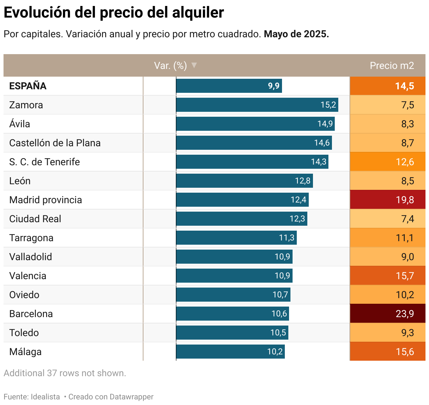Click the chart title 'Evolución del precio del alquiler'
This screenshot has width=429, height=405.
(x=114, y=13)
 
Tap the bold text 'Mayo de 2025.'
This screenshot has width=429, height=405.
(x=296, y=34)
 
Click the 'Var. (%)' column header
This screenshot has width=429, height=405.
(x=170, y=66)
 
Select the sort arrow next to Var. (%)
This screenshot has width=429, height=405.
(x=194, y=65)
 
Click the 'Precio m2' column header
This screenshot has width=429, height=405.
(x=392, y=66)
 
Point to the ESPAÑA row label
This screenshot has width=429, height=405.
(x=28, y=86)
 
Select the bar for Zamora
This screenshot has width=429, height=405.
(x=257, y=105)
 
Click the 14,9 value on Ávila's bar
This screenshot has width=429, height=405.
(x=325, y=124)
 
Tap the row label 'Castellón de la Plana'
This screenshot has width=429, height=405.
(x=55, y=143)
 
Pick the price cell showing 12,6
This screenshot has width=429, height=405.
(x=388, y=162)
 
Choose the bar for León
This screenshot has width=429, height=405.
(x=244, y=181)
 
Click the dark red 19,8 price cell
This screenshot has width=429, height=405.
(x=388, y=200)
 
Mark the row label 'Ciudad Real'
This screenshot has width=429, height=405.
(x=35, y=219)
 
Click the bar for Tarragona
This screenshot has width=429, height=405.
(x=236, y=238)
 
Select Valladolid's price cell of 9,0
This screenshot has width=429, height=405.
(x=388, y=257)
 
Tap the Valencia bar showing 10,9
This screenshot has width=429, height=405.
(x=234, y=276)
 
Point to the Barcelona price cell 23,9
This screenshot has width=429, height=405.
(x=388, y=314)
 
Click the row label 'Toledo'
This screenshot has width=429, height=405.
(x=24, y=333)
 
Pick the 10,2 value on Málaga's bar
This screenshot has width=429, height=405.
(x=275, y=352)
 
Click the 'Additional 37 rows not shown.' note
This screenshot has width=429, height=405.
(x=65, y=373)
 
